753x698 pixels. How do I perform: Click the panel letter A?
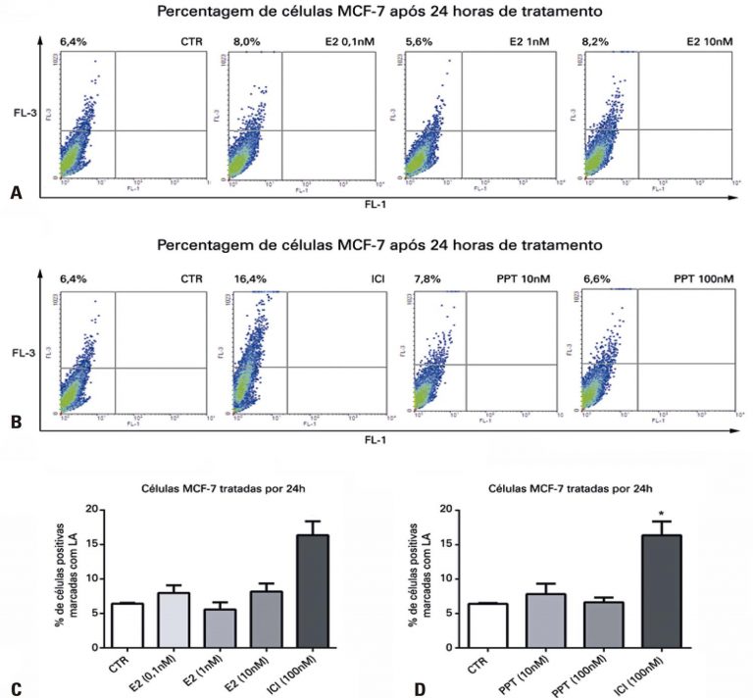(x=15, y=195)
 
